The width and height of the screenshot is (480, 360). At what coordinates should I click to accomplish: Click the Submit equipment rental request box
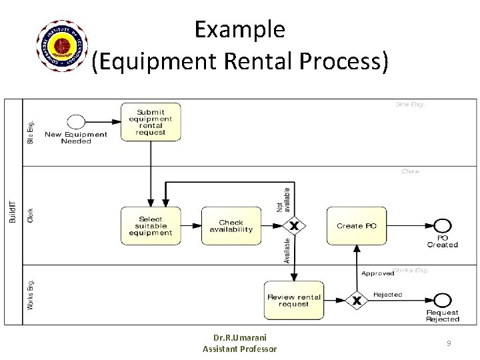(151, 121)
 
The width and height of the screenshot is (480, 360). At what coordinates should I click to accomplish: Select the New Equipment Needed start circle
(76, 122)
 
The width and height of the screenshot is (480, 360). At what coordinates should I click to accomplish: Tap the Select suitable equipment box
(151, 226)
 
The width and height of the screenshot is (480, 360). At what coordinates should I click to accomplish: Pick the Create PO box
(357, 226)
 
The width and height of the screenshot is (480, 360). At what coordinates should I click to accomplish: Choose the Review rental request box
(294, 300)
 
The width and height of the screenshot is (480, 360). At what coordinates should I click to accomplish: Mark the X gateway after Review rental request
(357, 301)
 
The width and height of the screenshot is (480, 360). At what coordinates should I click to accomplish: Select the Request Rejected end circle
(442, 301)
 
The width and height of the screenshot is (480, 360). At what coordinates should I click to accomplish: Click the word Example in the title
(240, 29)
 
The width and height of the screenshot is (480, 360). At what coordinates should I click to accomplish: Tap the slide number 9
(449, 343)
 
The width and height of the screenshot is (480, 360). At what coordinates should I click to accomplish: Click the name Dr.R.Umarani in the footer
(240, 337)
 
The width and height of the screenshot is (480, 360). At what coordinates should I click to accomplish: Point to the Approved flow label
(377, 273)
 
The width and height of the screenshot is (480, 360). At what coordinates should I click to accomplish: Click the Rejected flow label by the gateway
(387, 295)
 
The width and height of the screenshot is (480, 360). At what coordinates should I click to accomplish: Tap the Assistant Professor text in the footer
(240, 349)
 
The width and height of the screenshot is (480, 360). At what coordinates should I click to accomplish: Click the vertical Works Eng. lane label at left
(30, 294)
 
